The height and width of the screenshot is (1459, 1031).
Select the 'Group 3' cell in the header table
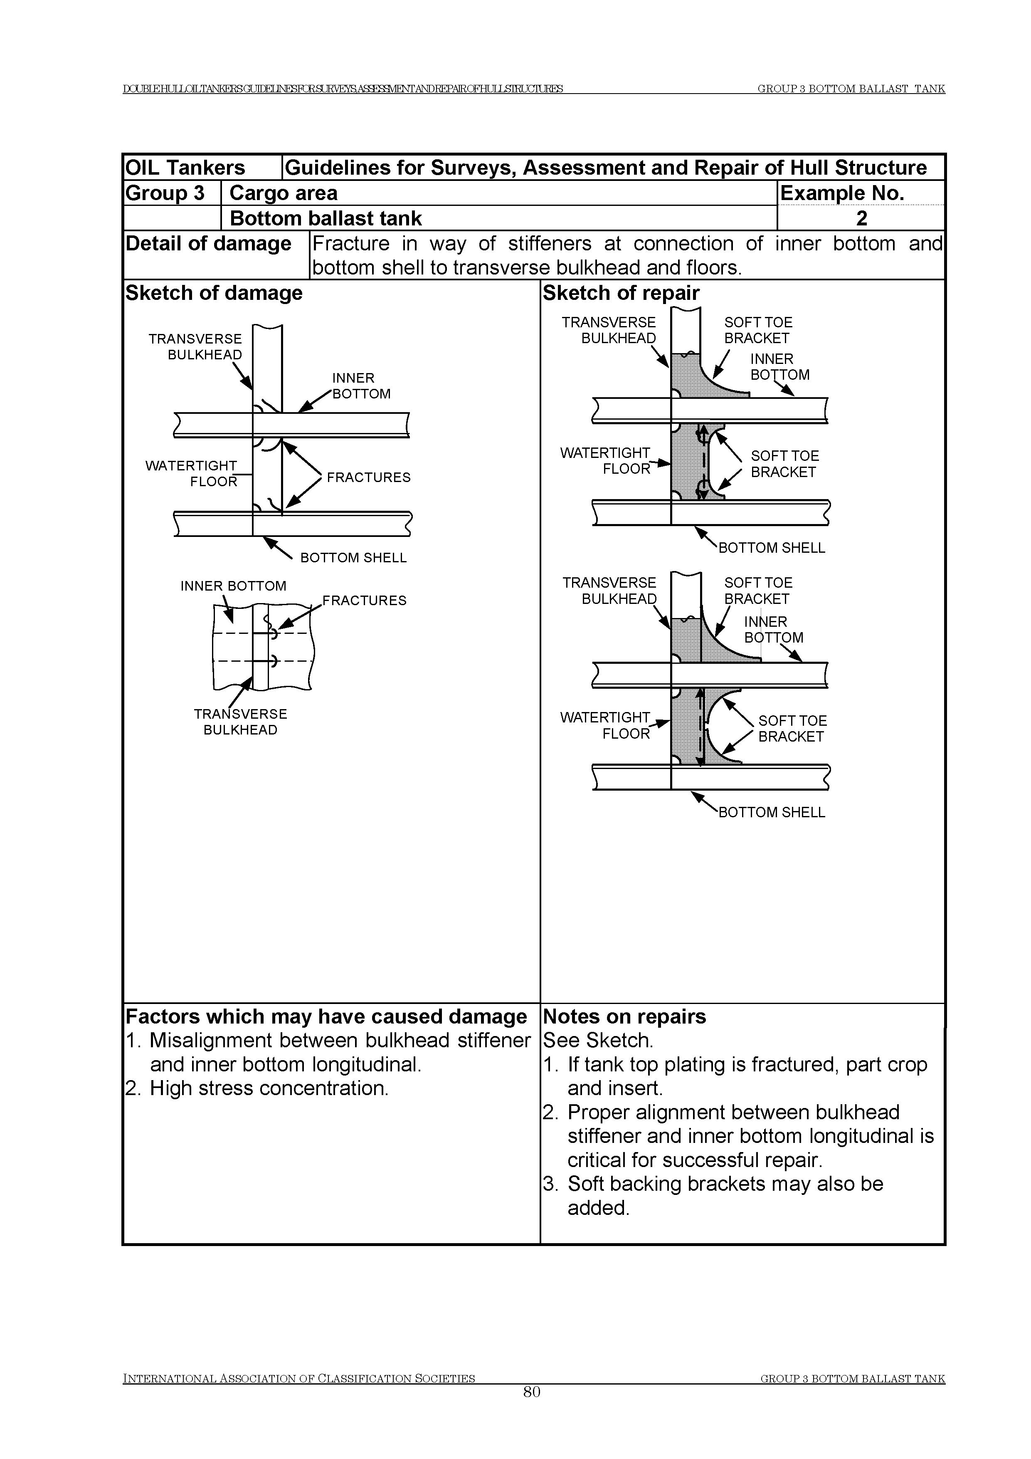165,193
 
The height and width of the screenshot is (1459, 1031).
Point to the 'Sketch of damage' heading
214,293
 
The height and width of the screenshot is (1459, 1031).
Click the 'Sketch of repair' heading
621,293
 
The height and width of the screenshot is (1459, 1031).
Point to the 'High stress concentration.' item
269,1088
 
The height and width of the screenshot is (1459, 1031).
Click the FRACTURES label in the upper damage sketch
368,477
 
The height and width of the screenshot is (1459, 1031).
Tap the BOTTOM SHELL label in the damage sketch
353,558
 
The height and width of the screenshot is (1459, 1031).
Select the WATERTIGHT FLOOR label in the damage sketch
191,473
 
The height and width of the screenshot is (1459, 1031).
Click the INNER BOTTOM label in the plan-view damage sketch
233,586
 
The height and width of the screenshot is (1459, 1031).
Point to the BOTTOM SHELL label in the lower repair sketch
771,812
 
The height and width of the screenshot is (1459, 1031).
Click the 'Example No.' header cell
842,193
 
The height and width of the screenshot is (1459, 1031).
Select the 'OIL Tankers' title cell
185,168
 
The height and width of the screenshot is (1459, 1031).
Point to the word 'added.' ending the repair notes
598,1208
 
